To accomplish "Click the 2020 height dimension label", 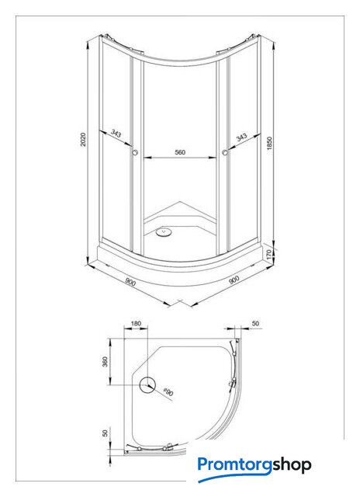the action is pyautogui.click(x=83, y=140).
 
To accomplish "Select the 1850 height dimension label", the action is pyautogui.click(x=269, y=143).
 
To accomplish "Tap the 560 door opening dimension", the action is pyautogui.click(x=180, y=152).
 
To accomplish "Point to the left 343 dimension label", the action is pyautogui.click(x=116, y=134).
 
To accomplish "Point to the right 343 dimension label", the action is pyautogui.click(x=241, y=137).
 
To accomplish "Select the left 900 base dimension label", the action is pyautogui.click(x=130, y=281).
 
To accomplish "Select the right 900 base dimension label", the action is pyautogui.click(x=234, y=280).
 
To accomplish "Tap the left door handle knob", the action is pyautogui.click(x=135, y=152).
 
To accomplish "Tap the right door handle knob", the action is pyautogui.click(x=225, y=152).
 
